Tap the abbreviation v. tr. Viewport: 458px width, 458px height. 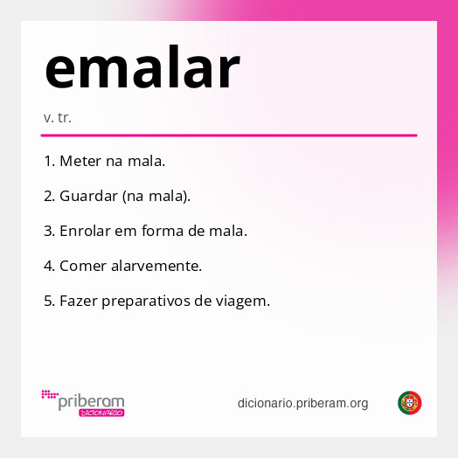click(x=57, y=117)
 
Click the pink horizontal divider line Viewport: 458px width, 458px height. click(x=229, y=135)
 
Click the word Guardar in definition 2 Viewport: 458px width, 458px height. click(x=89, y=196)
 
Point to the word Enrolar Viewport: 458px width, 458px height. click(x=87, y=231)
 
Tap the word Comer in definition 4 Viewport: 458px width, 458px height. click(x=81, y=265)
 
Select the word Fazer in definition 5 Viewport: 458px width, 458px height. click(x=78, y=300)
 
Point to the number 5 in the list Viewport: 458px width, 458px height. click(x=48, y=300)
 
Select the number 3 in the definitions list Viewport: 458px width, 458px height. click(x=48, y=231)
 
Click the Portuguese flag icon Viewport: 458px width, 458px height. click(x=410, y=403)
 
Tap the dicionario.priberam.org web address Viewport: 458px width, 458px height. click(x=302, y=403)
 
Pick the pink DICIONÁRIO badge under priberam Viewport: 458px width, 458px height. click(x=101, y=413)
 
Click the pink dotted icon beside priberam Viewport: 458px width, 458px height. click(x=49, y=394)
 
